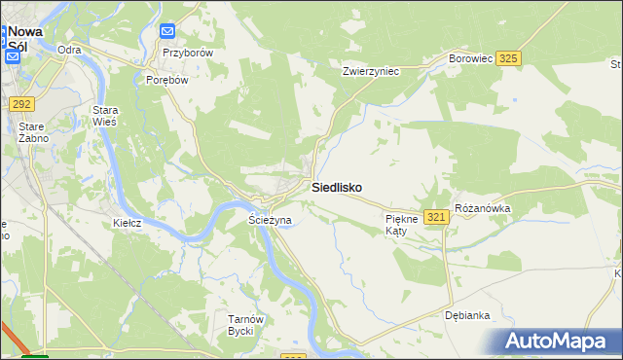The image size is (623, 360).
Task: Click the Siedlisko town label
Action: coord(338,187)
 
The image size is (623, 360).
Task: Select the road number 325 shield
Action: coord(507,59)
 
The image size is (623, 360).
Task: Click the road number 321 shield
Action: coord(436,216)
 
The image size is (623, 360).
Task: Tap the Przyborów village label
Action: coord(187,53)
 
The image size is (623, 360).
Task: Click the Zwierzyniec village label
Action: coord(372,71)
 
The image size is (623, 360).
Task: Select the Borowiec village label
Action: coord(470,59)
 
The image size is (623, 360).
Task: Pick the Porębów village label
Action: coord(165,80)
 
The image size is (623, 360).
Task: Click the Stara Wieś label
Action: coord(104,117)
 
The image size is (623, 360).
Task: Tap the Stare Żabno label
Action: coord(33,132)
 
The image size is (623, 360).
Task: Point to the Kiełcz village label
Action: coord(127,223)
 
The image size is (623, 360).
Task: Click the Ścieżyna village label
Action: coord(270,221)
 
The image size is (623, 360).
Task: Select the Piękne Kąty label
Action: coord(401,226)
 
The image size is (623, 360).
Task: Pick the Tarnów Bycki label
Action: coord(240,325)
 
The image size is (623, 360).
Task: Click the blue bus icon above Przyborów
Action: coord(167,31)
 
